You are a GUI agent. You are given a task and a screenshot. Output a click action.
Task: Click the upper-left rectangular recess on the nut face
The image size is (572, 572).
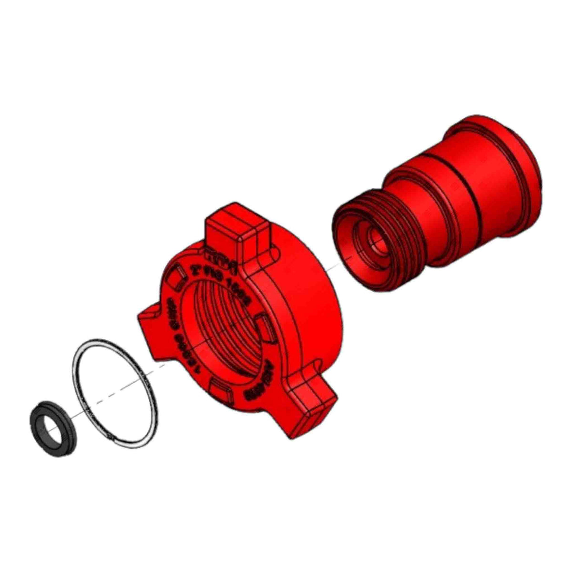(176, 276)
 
